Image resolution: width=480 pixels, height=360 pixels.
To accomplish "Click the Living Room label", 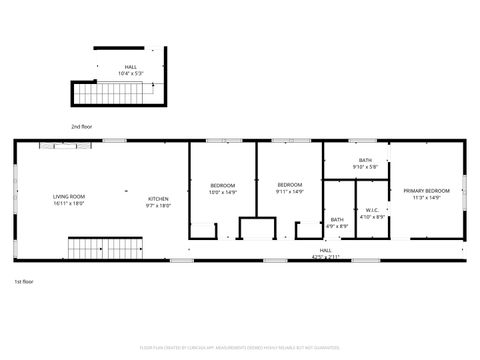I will tap(69, 196).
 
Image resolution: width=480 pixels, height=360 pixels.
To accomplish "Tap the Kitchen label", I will tap(159, 198).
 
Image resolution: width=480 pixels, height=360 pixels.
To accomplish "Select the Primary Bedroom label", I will tap(426, 190).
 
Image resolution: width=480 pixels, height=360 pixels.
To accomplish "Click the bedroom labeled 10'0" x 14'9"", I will tap(222, 185).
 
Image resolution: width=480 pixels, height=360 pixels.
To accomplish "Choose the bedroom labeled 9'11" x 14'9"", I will tap(289, 185).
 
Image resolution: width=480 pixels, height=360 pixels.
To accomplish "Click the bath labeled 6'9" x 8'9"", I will tap(337, 219).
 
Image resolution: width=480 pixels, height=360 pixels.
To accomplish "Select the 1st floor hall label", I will tap(326, 250).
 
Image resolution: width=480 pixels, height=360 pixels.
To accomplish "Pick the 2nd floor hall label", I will tap(131, 66).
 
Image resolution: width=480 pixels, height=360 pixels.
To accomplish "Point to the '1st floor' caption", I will tap(24, 283).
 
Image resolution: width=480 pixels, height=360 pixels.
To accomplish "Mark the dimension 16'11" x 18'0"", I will tap(69, 204).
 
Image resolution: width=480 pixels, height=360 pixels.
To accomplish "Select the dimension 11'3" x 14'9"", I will tap(426, 197).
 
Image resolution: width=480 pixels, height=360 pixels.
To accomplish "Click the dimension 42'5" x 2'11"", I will tap(326, 257).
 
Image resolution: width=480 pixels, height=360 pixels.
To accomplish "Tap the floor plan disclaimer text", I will tap(240, 348).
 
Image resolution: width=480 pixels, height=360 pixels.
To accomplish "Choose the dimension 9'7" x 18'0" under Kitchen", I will tap(159, 205).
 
